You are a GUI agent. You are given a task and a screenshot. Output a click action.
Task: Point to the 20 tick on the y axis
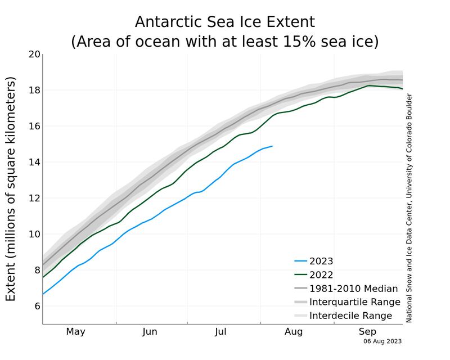[x=34, y=55]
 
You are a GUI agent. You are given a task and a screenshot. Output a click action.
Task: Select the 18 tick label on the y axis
[x=34, y=90]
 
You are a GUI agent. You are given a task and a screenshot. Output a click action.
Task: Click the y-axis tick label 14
[x=34, y=162]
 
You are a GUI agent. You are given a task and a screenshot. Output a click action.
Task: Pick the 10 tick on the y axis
[x=34, y=234]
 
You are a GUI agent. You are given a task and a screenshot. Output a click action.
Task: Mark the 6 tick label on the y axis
[x=37, y=306]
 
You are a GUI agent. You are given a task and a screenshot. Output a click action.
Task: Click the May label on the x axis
[x=75, y=332]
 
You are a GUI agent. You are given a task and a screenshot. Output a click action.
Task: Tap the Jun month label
[x=150, y=332]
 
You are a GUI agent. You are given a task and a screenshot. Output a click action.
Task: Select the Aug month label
[x=294, y=332]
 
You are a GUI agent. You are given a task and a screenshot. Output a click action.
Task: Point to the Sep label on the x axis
[x=367, y=332]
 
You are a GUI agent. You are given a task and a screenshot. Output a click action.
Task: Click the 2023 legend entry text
[x=321, y=262]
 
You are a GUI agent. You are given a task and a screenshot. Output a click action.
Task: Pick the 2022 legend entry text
[x=321, y=275]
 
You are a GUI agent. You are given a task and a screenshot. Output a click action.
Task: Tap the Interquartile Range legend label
[x=350, y=302]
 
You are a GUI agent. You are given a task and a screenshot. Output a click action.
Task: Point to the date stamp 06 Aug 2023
[x=382, y=341]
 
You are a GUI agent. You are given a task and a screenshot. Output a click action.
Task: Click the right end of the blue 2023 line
[x=272, y=146]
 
